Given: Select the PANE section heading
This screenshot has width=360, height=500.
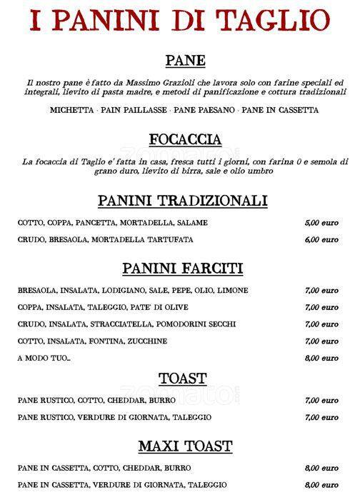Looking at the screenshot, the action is [185, 59].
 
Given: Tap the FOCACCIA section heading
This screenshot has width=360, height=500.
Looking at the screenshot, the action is [185, 139].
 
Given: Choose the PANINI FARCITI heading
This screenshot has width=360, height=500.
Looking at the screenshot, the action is [183, 269].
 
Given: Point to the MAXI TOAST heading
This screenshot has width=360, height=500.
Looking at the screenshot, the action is [185, 446].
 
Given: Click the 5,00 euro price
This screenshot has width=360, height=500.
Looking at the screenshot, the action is [321, 222].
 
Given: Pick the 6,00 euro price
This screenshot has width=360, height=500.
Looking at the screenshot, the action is [321, 239].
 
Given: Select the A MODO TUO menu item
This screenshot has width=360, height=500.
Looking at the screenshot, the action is [45, 358].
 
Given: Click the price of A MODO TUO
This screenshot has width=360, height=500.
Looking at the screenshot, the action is [321, 358].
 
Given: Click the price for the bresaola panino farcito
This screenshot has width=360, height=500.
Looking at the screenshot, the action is [321, 291].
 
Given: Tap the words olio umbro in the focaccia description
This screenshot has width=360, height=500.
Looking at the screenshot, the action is [253, 172].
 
